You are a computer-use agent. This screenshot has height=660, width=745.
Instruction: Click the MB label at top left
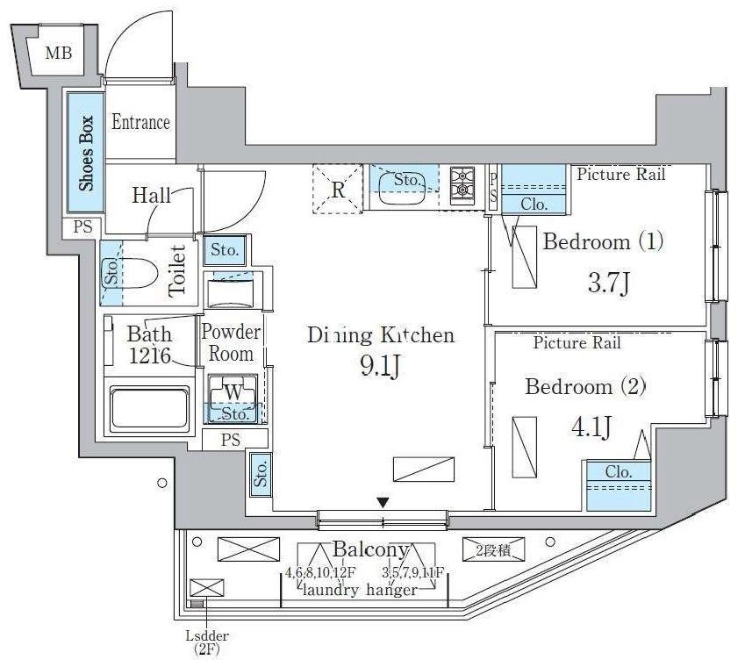[x=59, y=54]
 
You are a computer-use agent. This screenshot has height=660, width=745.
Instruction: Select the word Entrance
[x=140, y=123]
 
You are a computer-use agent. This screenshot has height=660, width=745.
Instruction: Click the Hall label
[x=151, y=195]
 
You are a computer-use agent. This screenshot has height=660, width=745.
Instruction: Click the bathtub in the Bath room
[x=148, y=406]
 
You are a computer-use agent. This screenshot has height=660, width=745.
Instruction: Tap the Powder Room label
[x=232, y=343]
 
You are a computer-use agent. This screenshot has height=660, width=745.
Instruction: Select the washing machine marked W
[x=233, y=391]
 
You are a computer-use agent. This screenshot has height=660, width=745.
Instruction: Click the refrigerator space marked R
[x=337, y=189]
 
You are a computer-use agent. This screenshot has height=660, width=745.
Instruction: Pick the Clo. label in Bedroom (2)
[x=618, y=472]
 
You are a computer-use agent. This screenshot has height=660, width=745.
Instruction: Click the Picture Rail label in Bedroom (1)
[x=621, y=175]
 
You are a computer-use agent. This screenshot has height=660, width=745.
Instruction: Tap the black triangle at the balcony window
[x=383, y=503]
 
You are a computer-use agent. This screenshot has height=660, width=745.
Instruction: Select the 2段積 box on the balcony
[x=492, y=549]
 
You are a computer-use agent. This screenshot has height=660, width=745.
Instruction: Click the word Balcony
[x=370, y=550]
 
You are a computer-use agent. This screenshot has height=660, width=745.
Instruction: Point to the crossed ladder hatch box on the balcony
[x=206, y=587]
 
